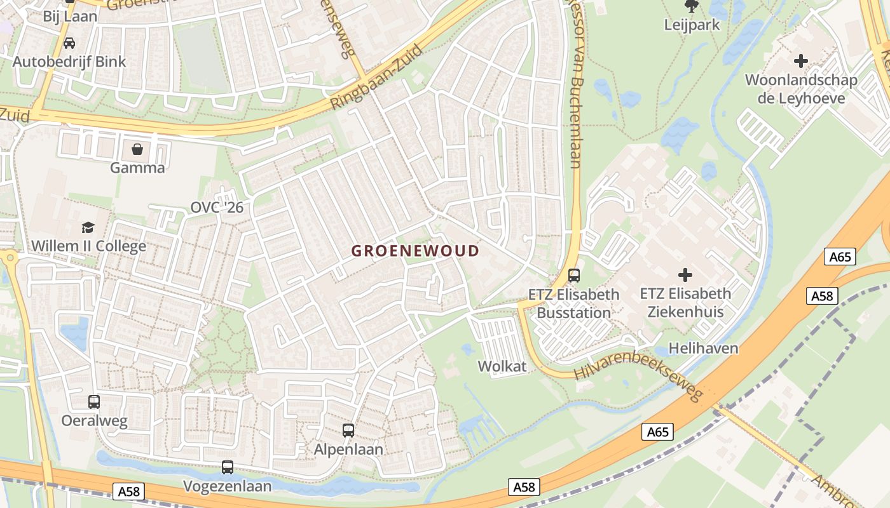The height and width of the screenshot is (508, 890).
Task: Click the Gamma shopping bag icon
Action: pyautogui.click(x=137, y=149)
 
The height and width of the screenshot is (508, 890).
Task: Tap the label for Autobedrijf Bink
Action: pyautogui.click(x=69, y=62)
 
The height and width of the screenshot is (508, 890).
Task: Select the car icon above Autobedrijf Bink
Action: pyautogui.click(x=69, y=43)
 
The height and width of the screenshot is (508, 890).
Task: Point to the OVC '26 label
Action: pyautogui.click(x=217, y=208)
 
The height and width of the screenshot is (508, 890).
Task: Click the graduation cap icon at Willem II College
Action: pyautogui.click(x=88, y=227)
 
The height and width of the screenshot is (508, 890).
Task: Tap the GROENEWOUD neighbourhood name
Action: pyautogui.click(x=415, y=251)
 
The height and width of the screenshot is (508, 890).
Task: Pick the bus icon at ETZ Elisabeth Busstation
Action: pyautogui.click(x=574, y=275)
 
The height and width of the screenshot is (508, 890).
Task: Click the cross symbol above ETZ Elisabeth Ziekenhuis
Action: pyautogui.click(x=685, y=275)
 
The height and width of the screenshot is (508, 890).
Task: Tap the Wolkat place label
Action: pyautogui.click(x=502, y=366)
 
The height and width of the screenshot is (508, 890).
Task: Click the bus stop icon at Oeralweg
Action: pyautogui.click(x=94, y=401)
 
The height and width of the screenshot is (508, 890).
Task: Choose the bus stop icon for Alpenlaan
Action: pyautogui.click(x=348, y=430)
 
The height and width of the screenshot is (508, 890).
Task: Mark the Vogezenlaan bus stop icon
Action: pyautogui.click(x=228, y=467)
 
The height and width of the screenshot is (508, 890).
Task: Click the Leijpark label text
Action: pyautogui.click(x=692, y=25)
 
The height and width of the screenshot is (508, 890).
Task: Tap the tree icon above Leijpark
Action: pyautogui.click(x=692, y=6)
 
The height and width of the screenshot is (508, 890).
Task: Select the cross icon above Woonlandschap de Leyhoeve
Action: pyautogui.click(x=801, y=61)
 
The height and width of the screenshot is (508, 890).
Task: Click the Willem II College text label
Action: pyautogui.click(x=88, y=246)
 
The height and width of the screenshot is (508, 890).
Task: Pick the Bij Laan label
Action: pyautogui.click(x=70, y=16)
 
